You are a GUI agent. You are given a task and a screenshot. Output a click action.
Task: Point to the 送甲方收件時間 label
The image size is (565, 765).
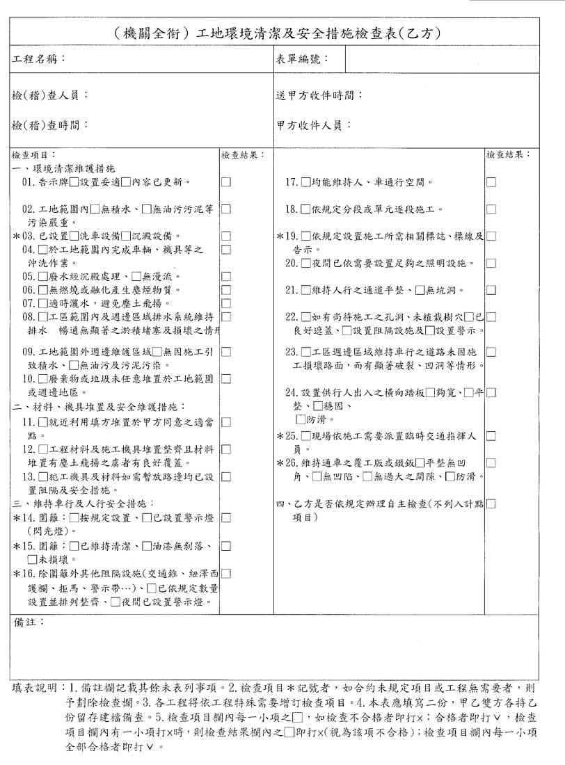click(x=319, y=95)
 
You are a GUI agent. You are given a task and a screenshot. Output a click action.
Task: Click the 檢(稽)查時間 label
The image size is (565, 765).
click(x=50, y=126)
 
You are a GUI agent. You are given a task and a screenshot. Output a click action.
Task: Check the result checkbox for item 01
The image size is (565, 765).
click(x=225, y=182)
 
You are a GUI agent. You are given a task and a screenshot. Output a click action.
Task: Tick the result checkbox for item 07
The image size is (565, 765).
click(x=225, y=303)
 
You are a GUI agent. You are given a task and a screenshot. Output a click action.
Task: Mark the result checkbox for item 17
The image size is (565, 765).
click(x=491, y=182)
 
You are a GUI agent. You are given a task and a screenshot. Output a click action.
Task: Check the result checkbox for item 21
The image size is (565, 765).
click(x=491, y=290)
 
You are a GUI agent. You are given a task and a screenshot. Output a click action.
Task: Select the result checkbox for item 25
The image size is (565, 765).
click(x=491, y=436)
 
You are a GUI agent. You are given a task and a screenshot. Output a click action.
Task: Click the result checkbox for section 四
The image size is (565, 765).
click(x=491, y=504)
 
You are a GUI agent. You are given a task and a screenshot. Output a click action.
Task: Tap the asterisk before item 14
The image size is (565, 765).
click(x=16, y=518)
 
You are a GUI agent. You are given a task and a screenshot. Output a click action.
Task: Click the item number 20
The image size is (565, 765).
click(x=292, y=264)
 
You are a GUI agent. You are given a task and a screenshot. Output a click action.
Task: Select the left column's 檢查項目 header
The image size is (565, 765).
click(x=33, y=154)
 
